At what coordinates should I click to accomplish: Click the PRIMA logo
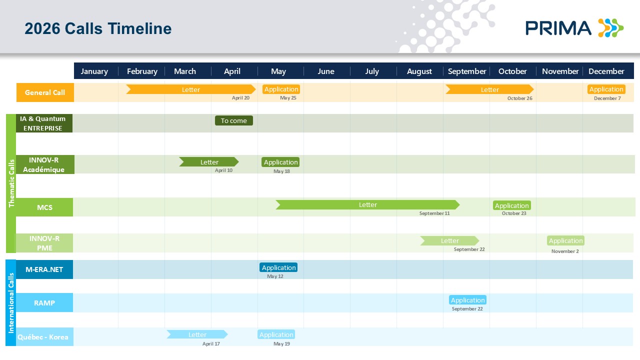click(x=574, y=28)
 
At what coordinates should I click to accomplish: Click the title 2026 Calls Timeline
click(x=98, y=28)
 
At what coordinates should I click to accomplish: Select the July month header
click(x=372, y=71)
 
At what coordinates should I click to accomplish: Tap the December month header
click(x=606, y=71)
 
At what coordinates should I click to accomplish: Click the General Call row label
click(x=45, y=92)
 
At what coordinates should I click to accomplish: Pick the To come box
click(x=234, y=120)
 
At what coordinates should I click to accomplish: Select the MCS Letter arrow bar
click(x=367, y=205)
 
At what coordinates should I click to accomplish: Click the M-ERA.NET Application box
click(x=278, y=267)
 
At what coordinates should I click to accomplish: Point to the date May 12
click(x=275, y=276)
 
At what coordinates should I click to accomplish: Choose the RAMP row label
click(x=44, y=302)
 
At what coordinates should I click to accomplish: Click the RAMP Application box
click(x=467, y=300)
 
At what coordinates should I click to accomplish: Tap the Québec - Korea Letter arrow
click(x=197, y=334)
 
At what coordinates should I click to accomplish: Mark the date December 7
click(x=607, y=98)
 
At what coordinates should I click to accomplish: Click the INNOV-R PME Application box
click(x=565, y=240)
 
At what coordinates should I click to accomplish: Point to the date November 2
click(x=565, y=251)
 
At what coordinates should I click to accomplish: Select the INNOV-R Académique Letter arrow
click(x=209, y=162)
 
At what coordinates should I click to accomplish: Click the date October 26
click(x=519, y=98)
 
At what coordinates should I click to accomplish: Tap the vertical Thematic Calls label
click(x=11, y=183)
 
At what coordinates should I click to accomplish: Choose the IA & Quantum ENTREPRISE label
click(x=43, y=123)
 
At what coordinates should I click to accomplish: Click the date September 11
click(x=434, y=213)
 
